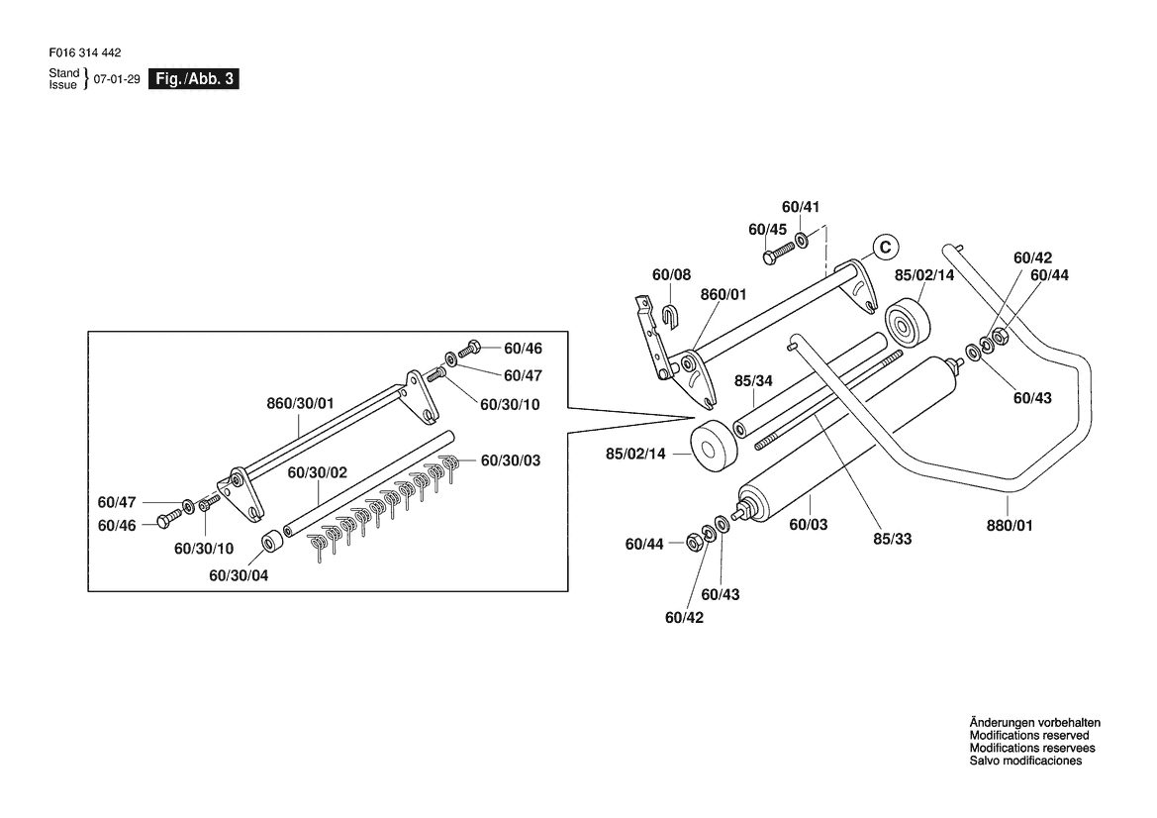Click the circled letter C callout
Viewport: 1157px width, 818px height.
tap(886, 247)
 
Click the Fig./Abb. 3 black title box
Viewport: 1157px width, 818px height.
tap(194, 79)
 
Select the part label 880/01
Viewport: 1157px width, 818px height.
tap(1010, 526)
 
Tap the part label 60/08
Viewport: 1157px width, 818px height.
tap(671, 275)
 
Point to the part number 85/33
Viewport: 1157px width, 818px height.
tap(892, 539)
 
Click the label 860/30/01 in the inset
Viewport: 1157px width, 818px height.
tap(300, 403)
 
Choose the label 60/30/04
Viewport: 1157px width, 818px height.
tap(239, 575)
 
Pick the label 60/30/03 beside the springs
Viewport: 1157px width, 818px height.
tap(511, 460)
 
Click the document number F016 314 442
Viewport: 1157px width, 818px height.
tap(85, 53)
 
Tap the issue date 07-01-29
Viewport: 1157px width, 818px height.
tap(117, 79)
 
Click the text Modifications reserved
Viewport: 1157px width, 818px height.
tap(1028, 736)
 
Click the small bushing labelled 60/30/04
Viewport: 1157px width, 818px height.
tap(274, 541)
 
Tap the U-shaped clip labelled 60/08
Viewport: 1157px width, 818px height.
tap(671, 315)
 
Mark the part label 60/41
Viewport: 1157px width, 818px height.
tap(801, 207)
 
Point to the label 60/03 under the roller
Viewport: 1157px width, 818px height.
tap(809, 525)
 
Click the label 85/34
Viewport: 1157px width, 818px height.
tap(753, 381)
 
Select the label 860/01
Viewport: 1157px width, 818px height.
tap(723, 295)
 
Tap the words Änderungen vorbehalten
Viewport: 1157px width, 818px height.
tap(1034, 723)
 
